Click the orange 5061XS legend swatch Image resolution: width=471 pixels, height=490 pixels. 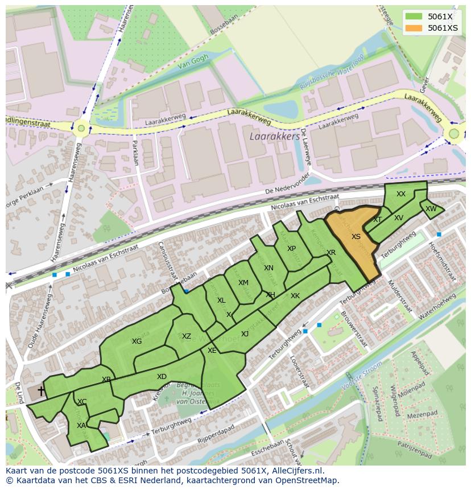tap(414, 28)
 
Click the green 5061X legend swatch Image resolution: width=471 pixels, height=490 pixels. tap(414, 17)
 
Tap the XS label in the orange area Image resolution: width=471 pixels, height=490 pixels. tap(356, 237)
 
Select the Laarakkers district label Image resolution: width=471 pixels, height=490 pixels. tap(274, 137)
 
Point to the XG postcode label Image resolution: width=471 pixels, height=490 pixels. tap(137, 341)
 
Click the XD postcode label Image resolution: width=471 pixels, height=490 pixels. tap(162, 377)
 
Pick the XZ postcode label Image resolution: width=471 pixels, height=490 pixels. tap(187, 336)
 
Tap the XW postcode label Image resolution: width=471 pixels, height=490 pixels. tap(431, 209)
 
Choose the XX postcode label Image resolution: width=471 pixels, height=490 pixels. tap(401, 194)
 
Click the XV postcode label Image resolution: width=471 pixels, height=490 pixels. tap(399, 218)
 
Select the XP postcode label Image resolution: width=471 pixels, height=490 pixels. tap(291, 249)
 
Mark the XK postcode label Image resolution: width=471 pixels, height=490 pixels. tap(295, 296)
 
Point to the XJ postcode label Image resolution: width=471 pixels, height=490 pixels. tap(245, 334)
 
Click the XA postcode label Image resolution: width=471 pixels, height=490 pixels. tap(81, 425)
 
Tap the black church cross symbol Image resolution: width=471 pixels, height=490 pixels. tap(41, 391)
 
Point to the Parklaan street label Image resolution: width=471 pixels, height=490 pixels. tap(135, 153)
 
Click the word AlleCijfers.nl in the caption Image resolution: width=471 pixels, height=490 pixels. tap(295, 471)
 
